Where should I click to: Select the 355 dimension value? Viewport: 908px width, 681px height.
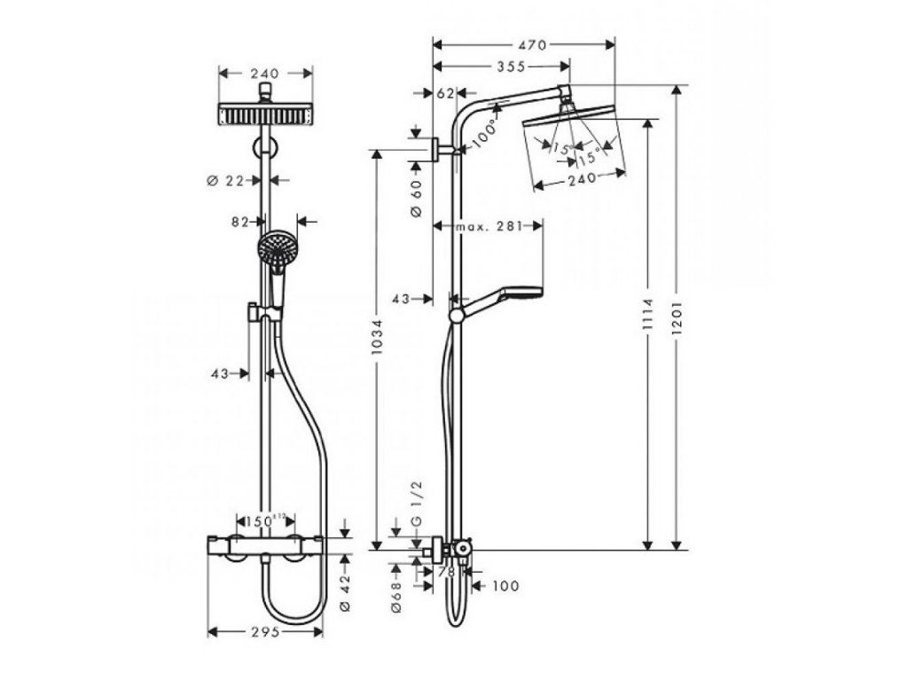tap(509, 66)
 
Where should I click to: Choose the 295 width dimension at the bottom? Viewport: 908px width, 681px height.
tap(266, 632)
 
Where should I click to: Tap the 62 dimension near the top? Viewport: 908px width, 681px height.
tap(445, 92)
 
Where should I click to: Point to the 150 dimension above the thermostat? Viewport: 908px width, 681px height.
tap(261, 519)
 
